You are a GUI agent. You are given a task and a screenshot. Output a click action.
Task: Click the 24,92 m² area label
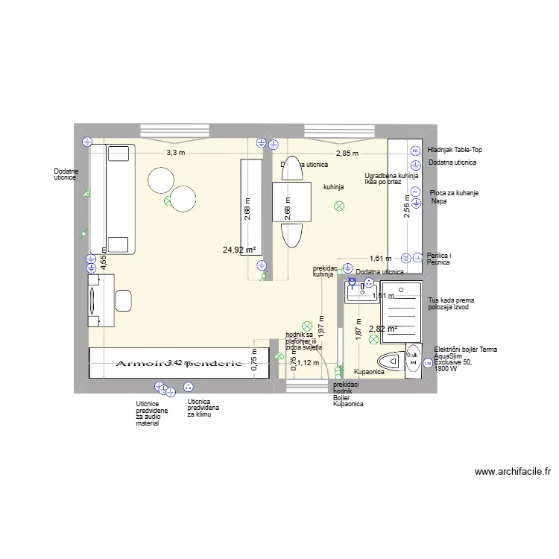click(x=239, y=250)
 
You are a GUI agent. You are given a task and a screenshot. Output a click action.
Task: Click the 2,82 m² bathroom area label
click(x=382, y=329)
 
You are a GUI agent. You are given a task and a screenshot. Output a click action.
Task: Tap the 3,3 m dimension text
click(x=175, y=153)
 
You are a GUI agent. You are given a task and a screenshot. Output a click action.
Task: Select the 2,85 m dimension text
click(x=347, y=154)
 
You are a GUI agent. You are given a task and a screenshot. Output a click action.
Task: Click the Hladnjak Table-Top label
click(x=455, y=150)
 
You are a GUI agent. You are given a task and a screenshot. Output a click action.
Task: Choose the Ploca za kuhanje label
click(x=454, y=193)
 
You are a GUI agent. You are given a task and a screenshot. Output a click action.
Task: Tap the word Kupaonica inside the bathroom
click(x=369, y=371)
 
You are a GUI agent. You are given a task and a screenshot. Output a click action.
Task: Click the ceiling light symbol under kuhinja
click(x=340, y=206)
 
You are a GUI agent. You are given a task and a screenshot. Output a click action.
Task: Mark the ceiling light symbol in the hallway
click(x=306, y=326)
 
